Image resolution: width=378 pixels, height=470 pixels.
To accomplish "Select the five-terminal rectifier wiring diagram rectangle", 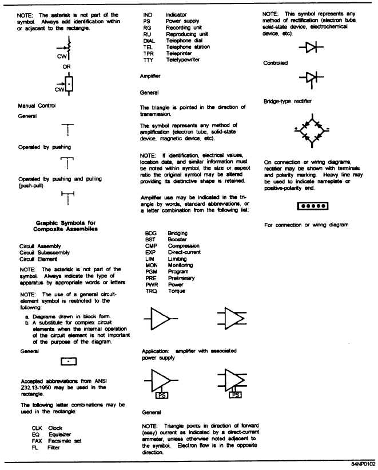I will (311, 205).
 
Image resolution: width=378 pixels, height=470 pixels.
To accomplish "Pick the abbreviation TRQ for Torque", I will (152, 291).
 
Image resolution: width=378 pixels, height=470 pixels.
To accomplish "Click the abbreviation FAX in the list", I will (38, 441).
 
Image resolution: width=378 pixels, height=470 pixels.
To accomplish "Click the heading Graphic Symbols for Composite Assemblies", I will (59, 225).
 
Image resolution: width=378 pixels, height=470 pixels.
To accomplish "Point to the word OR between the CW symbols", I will (67, 66).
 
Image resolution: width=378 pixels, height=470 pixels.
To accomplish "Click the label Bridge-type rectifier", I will (287, 101).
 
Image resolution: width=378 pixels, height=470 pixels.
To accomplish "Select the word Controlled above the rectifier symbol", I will (276, 63).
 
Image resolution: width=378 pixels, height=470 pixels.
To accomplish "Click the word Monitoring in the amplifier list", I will (181, 265).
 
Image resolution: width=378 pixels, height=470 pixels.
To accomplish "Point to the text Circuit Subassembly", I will (45, 252).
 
